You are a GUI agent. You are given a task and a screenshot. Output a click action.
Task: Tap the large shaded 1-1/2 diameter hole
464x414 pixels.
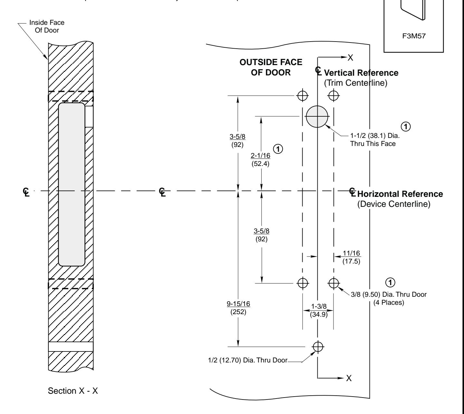[x=317, y=116]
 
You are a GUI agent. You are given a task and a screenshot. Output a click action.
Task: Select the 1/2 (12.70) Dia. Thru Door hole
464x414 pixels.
[x=318, y=347]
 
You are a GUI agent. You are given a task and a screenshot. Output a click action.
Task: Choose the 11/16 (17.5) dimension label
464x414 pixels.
[x=352, y=257]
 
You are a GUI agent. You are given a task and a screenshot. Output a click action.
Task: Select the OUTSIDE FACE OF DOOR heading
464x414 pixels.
[x=271, y=68]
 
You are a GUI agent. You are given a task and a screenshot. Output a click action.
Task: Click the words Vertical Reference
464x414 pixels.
[x=361, y=73]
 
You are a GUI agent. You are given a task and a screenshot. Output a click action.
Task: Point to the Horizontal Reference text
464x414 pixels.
[x=400, y=194]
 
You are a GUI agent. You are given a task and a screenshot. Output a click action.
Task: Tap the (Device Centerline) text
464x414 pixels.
[x=394, y=205]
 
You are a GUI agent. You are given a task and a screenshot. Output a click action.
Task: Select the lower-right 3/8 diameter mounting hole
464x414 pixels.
[x=333, y=283]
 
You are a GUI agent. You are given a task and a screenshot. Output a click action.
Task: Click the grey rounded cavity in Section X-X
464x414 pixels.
[x=72, y=184]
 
